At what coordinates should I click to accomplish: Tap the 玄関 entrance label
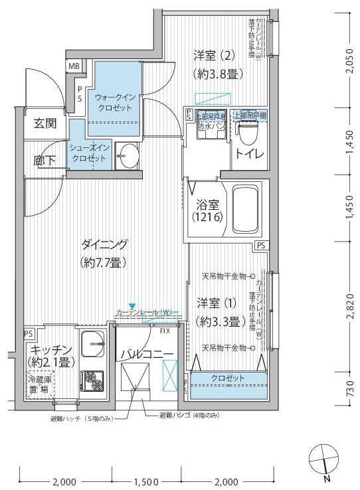coord(45,123)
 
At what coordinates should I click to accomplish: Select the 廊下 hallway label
coord(45,160)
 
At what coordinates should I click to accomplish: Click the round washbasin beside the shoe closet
coord(124,157)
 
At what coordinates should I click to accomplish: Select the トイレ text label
coord(248,156)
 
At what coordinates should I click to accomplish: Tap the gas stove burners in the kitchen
coord(92,379)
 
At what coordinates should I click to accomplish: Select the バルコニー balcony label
coord(147,354)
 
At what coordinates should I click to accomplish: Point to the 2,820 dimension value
coord(351,305)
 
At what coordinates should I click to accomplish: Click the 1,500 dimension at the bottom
coord(145,481)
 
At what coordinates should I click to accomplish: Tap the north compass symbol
coord(323,460)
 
